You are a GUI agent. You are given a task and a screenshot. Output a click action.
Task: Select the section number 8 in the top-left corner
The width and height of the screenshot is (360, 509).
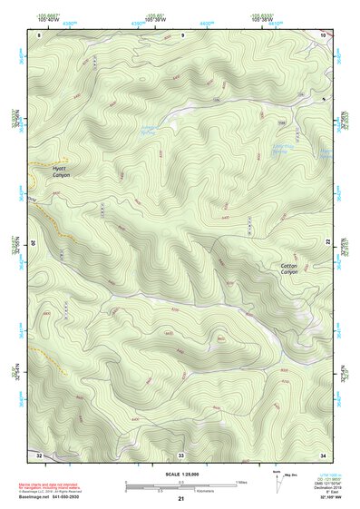(x=39, y=34)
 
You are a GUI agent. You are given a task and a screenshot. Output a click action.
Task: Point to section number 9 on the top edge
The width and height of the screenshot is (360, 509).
(x=182, y=34)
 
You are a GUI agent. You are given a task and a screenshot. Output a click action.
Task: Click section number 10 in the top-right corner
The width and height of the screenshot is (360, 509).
(x=323, y=34)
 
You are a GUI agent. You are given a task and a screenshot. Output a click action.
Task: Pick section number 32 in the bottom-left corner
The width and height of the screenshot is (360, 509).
(x=39, y=453)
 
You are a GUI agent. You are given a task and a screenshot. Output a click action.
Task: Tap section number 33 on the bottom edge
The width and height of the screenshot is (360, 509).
(x=181, y=453)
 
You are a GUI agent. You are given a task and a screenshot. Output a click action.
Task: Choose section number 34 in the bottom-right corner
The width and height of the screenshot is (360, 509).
(x=323, y=453)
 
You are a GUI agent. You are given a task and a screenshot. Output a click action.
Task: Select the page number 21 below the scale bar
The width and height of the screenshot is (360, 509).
(x=181, y=499)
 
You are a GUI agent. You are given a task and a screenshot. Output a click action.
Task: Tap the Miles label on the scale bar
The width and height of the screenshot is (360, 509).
(x=241, y=482)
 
